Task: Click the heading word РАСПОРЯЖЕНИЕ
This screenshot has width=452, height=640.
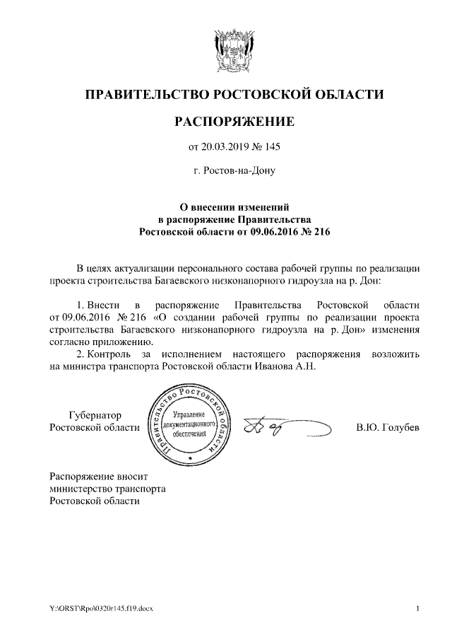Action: click(x=234, y=122)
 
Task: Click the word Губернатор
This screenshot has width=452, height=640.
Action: click(x=95, y=415)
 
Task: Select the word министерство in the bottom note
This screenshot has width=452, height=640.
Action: click(x=78, y=488)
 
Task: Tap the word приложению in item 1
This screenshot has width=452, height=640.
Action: click(x=122, y=341)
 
